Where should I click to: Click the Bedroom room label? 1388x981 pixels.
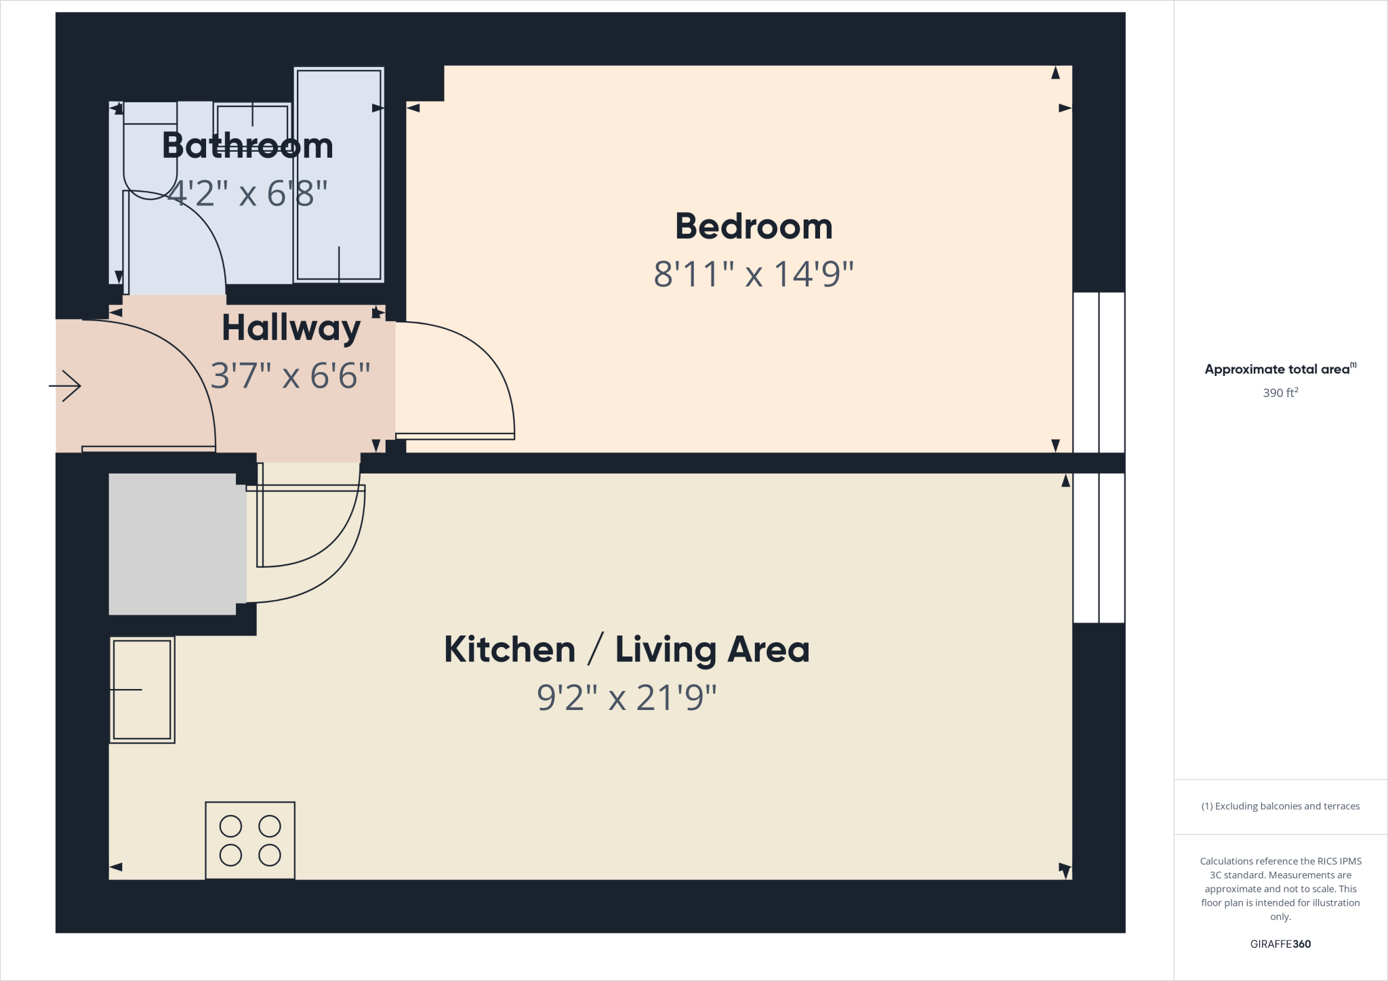(x=754, y=227)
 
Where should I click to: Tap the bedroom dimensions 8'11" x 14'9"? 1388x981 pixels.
(x=754, y=274)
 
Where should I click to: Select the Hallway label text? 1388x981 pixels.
(x=291, y=329)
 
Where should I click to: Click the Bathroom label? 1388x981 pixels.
(x=247, y=146)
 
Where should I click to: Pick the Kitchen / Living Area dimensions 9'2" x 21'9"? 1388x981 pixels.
(x=627, y=698)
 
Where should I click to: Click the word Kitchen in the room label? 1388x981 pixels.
(x=510, y=650)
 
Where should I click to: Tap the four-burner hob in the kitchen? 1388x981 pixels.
(x=250, y=841)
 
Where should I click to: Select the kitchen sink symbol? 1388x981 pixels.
(x=142, y=690)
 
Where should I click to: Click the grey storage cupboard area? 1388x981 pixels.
(x=173, y=544)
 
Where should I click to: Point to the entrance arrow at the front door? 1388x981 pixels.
(x=66, y=386)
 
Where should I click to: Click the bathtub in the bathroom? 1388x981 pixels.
(x=339, y=175)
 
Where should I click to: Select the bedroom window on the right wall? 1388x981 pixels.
(x=1099, y=372)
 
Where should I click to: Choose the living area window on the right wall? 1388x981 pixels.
(x=1099, y=547)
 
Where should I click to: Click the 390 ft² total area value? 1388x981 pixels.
(x=1280, y=393)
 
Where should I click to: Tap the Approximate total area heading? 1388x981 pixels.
(x=1278, y=369)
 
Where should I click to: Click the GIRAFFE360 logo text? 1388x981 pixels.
(x=1280, y=944)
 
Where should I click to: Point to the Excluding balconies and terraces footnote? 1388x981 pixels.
(x=1280, y=806)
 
